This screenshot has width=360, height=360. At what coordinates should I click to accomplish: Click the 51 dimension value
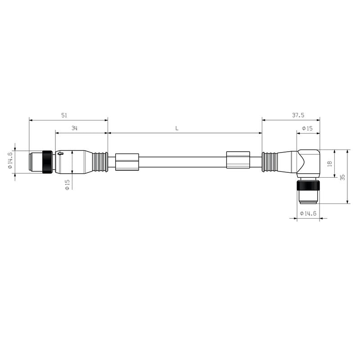pyautogui.click(x=64, y=115)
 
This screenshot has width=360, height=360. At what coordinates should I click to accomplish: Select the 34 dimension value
pyautogui.click(x=74, y=128)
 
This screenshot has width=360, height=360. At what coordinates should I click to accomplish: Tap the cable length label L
pyautogui.click(x=177, y=128)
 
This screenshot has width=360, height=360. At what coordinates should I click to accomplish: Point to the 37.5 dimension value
pyautogui.click(x=298, y=115)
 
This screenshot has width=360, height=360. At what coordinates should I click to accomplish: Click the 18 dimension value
pyautogui.click(x=330, y=163)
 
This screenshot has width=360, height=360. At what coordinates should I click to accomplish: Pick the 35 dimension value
pyautogui.click(x=342, y=177)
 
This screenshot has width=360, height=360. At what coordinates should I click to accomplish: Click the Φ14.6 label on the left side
pyautogui.click(x=10, y=160)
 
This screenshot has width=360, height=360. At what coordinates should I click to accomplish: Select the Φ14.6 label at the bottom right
pyautogui.click(x=308, y=213)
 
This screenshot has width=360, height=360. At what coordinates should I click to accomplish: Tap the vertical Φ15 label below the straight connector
pyautogui.click(x=67, y=185)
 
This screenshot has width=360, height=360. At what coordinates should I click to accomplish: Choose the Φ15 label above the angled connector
pyautogui.click(x=307, y=128)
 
